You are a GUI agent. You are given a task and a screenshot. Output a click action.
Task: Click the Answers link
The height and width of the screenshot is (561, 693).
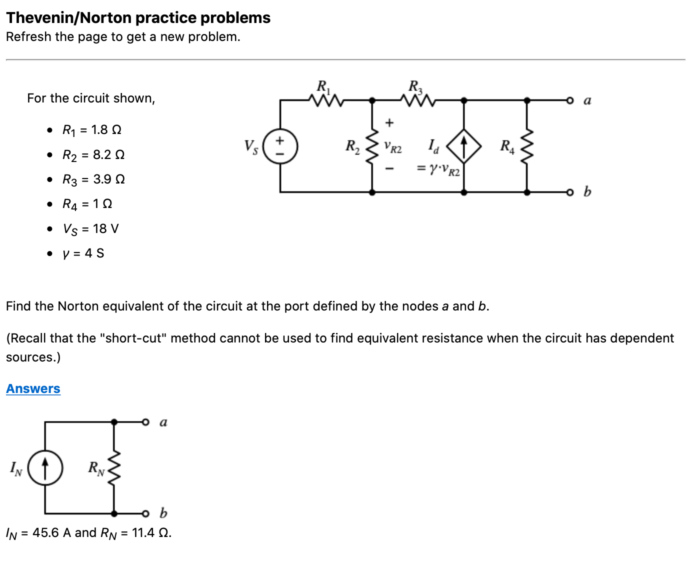(x=33, y=388)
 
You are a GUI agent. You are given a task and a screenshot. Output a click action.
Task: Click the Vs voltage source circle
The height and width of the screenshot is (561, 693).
(x=280, y=146)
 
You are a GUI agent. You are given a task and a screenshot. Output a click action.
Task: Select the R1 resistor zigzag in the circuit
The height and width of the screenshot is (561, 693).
(x=326, y=100)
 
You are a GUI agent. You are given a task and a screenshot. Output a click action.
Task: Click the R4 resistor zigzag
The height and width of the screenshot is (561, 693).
(x=527, y=146)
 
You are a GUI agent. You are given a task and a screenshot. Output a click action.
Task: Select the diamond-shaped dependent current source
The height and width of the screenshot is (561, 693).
(x=464, y=146)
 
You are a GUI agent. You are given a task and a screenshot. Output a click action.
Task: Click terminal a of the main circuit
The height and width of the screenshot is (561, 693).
(x=569, y=100)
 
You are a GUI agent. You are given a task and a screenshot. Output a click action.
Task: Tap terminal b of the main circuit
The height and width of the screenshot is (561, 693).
(x=569, y=191)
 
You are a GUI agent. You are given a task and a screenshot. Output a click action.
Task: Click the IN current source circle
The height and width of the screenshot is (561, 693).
(x=45, y=468)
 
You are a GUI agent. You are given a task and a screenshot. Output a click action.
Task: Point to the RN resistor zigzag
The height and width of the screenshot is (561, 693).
(x=114, y=468)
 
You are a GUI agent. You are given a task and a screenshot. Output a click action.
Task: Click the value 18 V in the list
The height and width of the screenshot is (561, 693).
(x=105, y=228)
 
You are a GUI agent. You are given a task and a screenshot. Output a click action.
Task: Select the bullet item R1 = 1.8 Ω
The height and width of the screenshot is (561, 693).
(x=92, y=130)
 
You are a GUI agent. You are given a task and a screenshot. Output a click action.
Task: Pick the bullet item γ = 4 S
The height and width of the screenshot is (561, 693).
(x=83, y=253)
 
